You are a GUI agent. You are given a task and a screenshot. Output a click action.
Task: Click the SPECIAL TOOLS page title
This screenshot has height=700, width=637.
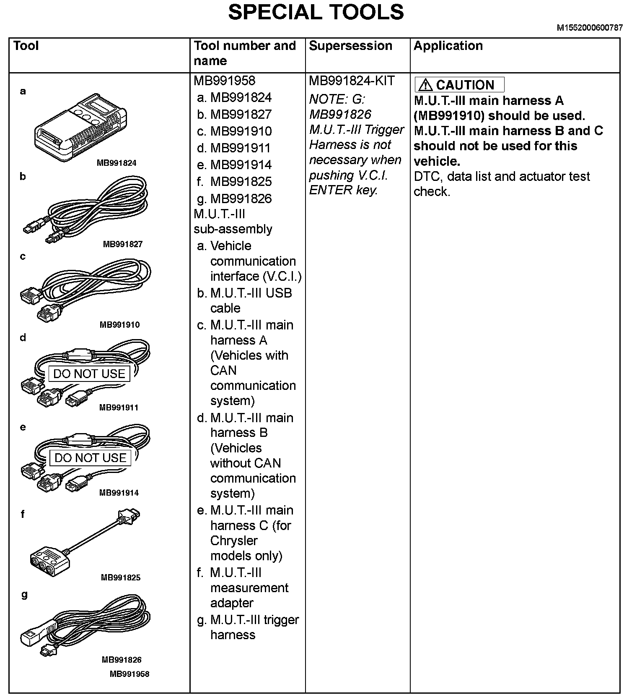[316, 12]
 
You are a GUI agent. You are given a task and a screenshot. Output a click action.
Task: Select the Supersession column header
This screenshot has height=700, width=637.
[350, 46]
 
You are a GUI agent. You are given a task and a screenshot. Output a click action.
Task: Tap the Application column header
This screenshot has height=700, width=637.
[448, 46]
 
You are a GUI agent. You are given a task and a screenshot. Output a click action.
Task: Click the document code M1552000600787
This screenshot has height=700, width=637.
[589, 28]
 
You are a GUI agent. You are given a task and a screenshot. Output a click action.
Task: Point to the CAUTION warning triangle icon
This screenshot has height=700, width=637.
[425, 85]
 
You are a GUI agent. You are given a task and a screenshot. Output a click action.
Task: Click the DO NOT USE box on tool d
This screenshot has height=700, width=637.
[89, 374]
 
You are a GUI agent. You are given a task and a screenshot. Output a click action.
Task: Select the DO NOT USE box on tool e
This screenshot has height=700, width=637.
[91, 457]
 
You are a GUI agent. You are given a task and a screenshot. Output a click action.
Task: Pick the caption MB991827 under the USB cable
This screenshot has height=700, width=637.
[123, 244]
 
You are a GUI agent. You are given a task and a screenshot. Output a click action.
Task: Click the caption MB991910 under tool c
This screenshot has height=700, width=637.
[119, 324]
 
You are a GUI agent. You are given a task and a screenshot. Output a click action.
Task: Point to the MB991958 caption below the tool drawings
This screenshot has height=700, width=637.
[129, 674]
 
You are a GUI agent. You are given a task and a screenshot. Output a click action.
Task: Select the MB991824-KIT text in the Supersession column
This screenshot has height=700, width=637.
[352, 81]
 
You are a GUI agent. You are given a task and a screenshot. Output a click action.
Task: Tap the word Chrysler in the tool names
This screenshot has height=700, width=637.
[234, 541]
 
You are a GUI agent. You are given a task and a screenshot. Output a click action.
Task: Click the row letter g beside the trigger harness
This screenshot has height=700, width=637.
[24, 595]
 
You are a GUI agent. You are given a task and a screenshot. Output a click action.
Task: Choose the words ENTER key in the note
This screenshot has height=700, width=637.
[343, 190]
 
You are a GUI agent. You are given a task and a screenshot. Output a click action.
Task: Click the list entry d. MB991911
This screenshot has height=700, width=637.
[235, 148]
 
